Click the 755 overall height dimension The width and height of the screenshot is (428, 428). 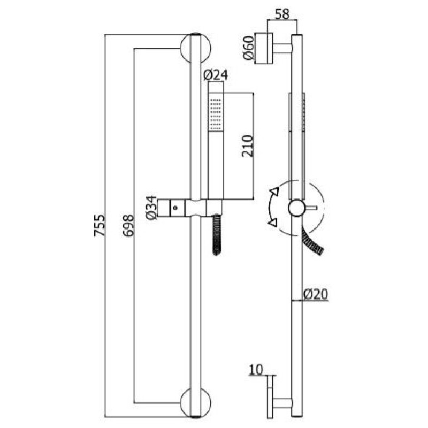(99, 225)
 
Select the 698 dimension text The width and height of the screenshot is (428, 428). (128, 225)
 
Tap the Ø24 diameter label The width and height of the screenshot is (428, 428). (216, 75)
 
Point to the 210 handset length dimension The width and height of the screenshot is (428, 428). (248, 146)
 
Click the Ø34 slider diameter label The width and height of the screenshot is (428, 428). (151, 208)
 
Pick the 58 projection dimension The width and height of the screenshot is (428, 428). (282, 14)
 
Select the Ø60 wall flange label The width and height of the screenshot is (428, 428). (249, 48)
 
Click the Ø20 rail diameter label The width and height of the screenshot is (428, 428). (316, 294)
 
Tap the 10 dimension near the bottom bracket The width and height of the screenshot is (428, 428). (256, 370)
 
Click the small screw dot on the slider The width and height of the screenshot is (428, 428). (175, 208)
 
